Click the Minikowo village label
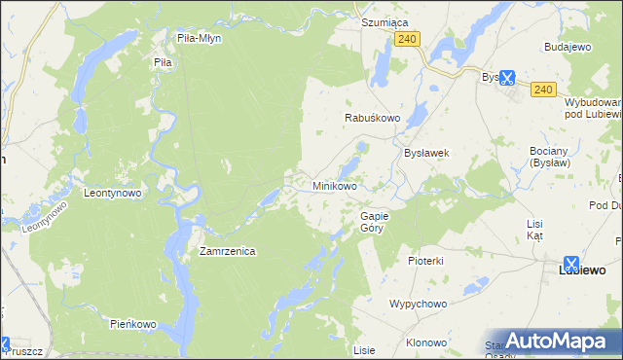(x=334, y=185)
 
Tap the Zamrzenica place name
(x=227, y=251)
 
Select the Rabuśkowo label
(x=373, y=118)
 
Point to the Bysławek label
(x=425, y=153)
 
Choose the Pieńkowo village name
(x=133, y=323)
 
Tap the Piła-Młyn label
(x=200, y=39)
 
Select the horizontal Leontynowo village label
(x=113, y=193)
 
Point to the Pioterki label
(x=425, y=261)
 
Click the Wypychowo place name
(x=418, y=304)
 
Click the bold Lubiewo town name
(x=581, y=270)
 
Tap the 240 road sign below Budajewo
(x=543, y=90)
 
